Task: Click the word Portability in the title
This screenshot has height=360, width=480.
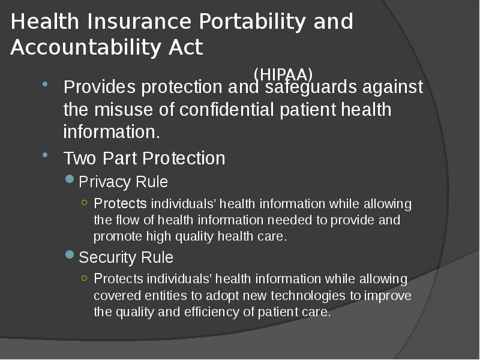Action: pos(252,22)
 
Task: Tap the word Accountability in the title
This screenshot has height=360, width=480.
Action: pos(86,48)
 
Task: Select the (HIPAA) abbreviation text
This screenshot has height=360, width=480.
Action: pos(283,74)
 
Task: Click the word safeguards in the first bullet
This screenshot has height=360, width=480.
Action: pos(311,87)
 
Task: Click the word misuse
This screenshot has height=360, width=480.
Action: pos(124,110)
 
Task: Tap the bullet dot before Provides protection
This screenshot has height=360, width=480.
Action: pos(45,84)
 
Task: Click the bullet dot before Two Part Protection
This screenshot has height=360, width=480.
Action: pos(45,155)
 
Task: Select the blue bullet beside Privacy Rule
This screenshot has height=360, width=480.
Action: pos(70,179)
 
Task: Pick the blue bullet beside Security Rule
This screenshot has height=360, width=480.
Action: pos(70,254)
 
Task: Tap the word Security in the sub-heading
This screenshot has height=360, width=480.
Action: pos(107,257)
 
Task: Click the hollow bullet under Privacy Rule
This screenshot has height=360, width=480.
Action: pos(85,202)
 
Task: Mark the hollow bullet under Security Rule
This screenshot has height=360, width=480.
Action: pos(85,278)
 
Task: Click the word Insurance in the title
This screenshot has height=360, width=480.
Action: pos(139,22)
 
